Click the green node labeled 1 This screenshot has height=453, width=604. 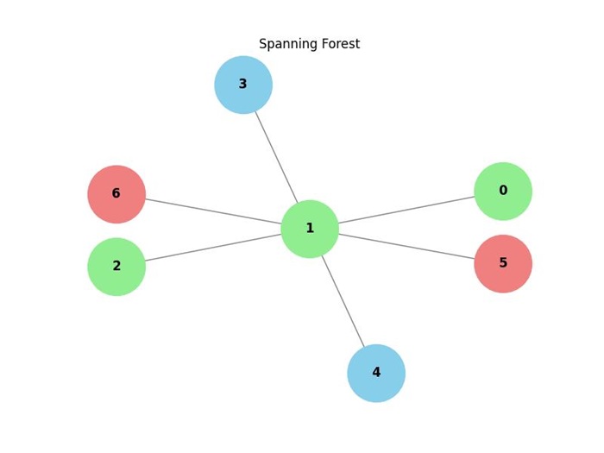point(310,229)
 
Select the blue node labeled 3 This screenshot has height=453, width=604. point(243,85)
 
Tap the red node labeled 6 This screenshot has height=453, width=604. point(116,194)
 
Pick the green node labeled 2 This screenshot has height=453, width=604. point(116,267)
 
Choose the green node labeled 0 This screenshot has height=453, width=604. point(503,191)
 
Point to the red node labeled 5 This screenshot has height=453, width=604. point(503,263)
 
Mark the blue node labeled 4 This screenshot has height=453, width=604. point(376,373)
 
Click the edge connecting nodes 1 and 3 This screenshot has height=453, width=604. point(276,156)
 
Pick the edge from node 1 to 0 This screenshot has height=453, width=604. point(406,210)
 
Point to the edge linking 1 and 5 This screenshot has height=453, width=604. point(406,246)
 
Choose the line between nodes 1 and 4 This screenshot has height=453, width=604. point(343,301)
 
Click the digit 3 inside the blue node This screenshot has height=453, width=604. point(242,85)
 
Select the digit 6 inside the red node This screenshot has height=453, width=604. point(116,194)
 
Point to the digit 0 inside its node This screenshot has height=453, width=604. point(503,191)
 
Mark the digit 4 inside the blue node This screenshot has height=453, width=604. point(376,373)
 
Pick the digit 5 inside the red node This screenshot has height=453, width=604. point(503,263)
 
